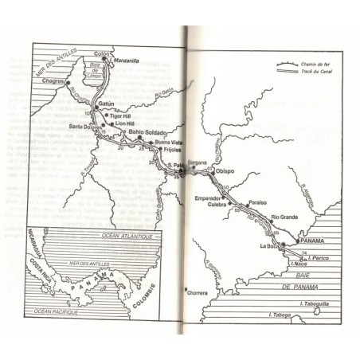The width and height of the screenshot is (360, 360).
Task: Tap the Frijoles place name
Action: (173, 148)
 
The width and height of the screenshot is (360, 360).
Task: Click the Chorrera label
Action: (196, 292)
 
